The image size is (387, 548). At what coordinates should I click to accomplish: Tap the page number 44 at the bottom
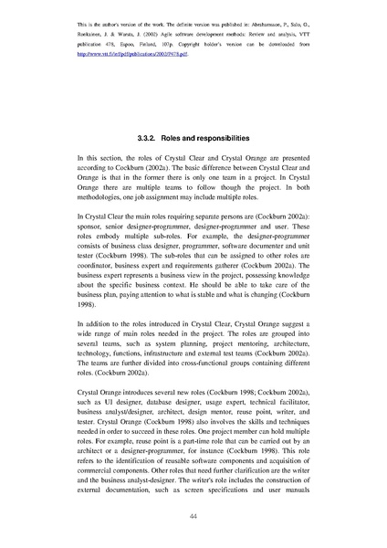(x=193, y=517)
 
